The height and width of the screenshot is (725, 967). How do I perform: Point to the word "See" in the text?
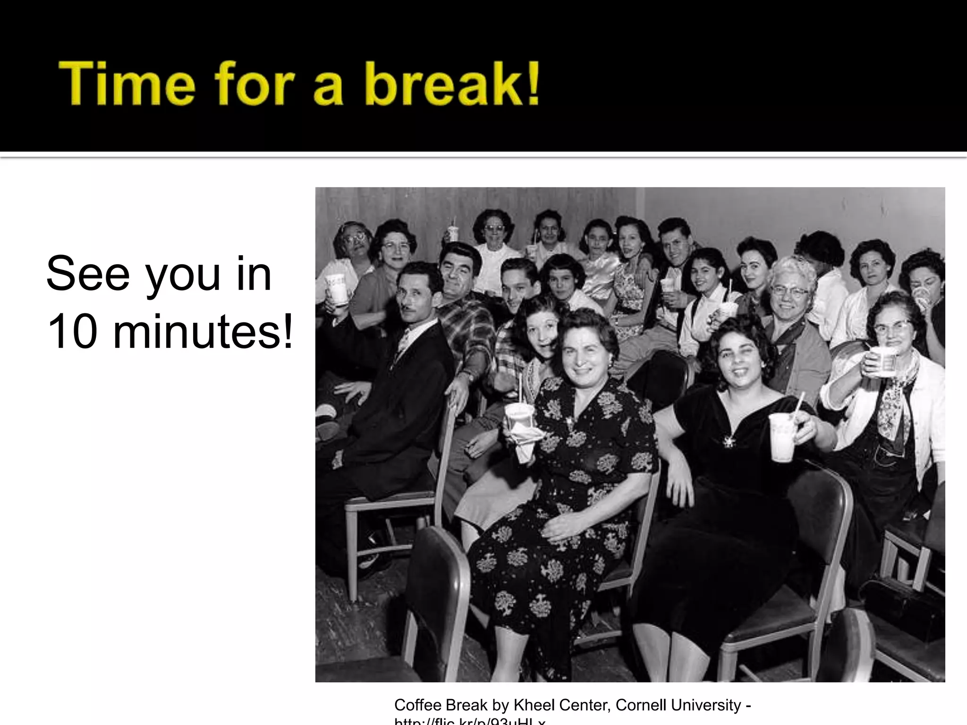point(88,274)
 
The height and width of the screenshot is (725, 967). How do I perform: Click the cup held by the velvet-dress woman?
point(781,437)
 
